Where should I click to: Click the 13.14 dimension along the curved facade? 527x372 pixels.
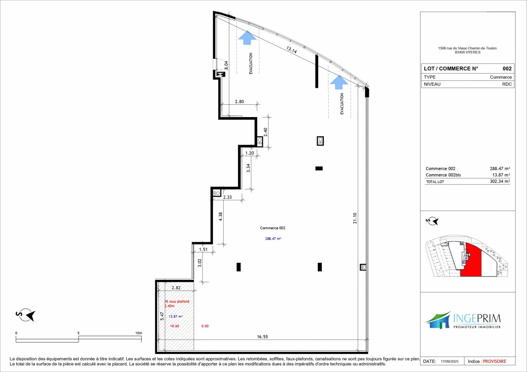(x=291, y=50)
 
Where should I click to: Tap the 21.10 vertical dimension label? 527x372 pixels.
(x=355, y=218)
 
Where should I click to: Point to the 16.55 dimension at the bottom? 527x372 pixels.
(x=262, y=337)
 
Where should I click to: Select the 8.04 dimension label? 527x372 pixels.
(x=226, y=65)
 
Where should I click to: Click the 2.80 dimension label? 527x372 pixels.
(x=239, y=102)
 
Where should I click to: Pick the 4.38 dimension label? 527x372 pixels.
(x=220, y=216)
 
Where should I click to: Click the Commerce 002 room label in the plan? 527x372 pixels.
(x=272, y=228)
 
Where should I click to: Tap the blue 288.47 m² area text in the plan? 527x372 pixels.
(x=273, y=238)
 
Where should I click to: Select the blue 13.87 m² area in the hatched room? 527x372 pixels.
(x=176, y=316)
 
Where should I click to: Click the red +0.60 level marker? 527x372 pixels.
(x=175, y=326)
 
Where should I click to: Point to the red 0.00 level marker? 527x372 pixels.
(x=205, y=326)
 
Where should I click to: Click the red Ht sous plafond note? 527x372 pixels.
(x=177, y=303)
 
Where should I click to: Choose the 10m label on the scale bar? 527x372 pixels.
(x=139, y=333)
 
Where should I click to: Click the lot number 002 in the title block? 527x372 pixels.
(x=507, y=69)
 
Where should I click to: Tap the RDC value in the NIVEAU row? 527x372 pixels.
(x=507, y=84)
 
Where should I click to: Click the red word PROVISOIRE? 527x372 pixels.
(x=494, y=361)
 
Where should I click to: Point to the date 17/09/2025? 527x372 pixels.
(x=450, y=361)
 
